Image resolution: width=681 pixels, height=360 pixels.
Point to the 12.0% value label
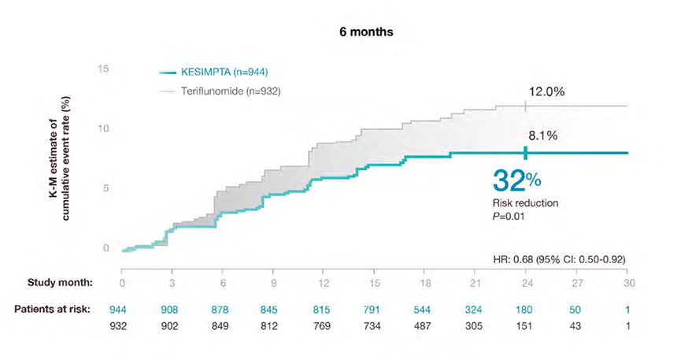pyautogui.click(x=546, y=92)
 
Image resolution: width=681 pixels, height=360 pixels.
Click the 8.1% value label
pyautogui.click(x=542, y=136)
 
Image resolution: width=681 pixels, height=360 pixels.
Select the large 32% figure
pyautogui.click(x=516, y=180)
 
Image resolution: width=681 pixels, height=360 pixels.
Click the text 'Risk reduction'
pyautogui.click(x=525, y=203)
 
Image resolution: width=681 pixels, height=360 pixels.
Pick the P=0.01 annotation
pyautogui.click(x=509, y=215)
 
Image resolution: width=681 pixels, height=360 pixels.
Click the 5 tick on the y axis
pyautogui.click(x=105, y=188)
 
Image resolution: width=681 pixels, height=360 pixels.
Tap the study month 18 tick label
pyautogui.click(x=425, y=281)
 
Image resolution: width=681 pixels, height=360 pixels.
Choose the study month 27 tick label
pyautogui.click(x=576, y=281)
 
